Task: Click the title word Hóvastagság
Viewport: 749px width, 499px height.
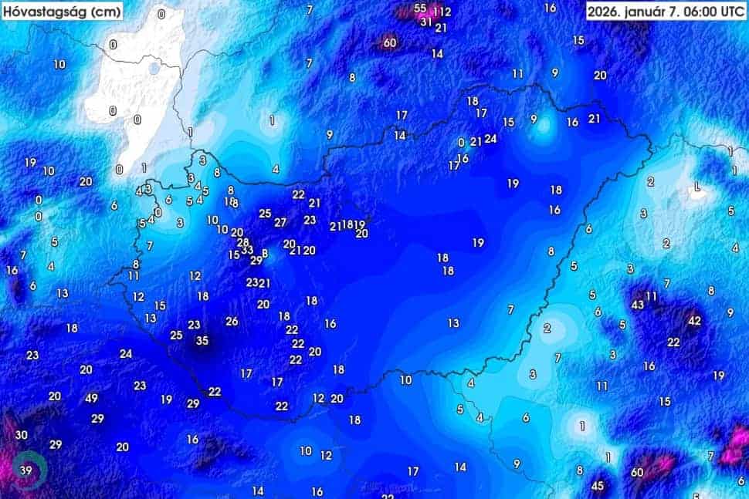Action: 42,12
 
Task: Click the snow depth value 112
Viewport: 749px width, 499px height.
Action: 442,12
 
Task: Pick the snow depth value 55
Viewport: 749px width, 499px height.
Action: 420,8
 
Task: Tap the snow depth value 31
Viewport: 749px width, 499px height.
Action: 425,22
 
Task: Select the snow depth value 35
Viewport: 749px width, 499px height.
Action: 202,340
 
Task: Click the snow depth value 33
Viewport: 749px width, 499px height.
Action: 247,250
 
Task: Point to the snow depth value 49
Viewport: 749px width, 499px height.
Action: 92,398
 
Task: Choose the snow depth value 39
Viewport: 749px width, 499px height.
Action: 25,470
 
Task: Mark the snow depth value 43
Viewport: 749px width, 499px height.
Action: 638,305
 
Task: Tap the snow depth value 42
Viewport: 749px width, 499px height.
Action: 695,320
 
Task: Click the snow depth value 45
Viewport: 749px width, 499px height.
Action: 597,486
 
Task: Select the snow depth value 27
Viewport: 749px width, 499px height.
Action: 280,222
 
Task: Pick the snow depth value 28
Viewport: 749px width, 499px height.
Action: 243,241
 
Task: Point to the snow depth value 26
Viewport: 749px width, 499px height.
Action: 232,321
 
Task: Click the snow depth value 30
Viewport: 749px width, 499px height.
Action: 22,435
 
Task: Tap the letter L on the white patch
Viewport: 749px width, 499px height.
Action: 698,187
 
